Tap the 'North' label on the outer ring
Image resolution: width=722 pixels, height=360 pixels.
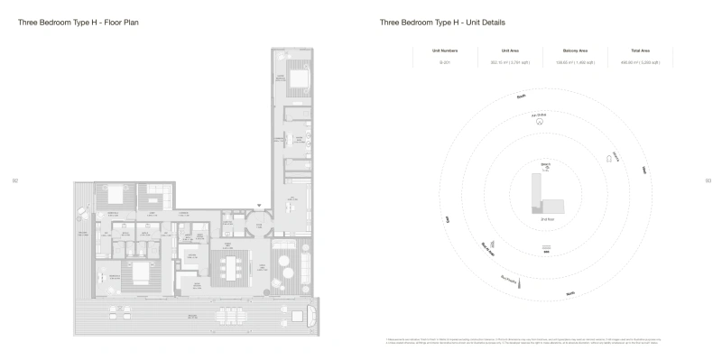click(x=569, y=292)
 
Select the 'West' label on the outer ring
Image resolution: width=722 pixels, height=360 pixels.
click(x=447, y=218)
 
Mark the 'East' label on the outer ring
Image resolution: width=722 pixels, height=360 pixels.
click(x=643, y=169)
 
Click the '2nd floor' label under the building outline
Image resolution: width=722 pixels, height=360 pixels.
click(x=546, y=219)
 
